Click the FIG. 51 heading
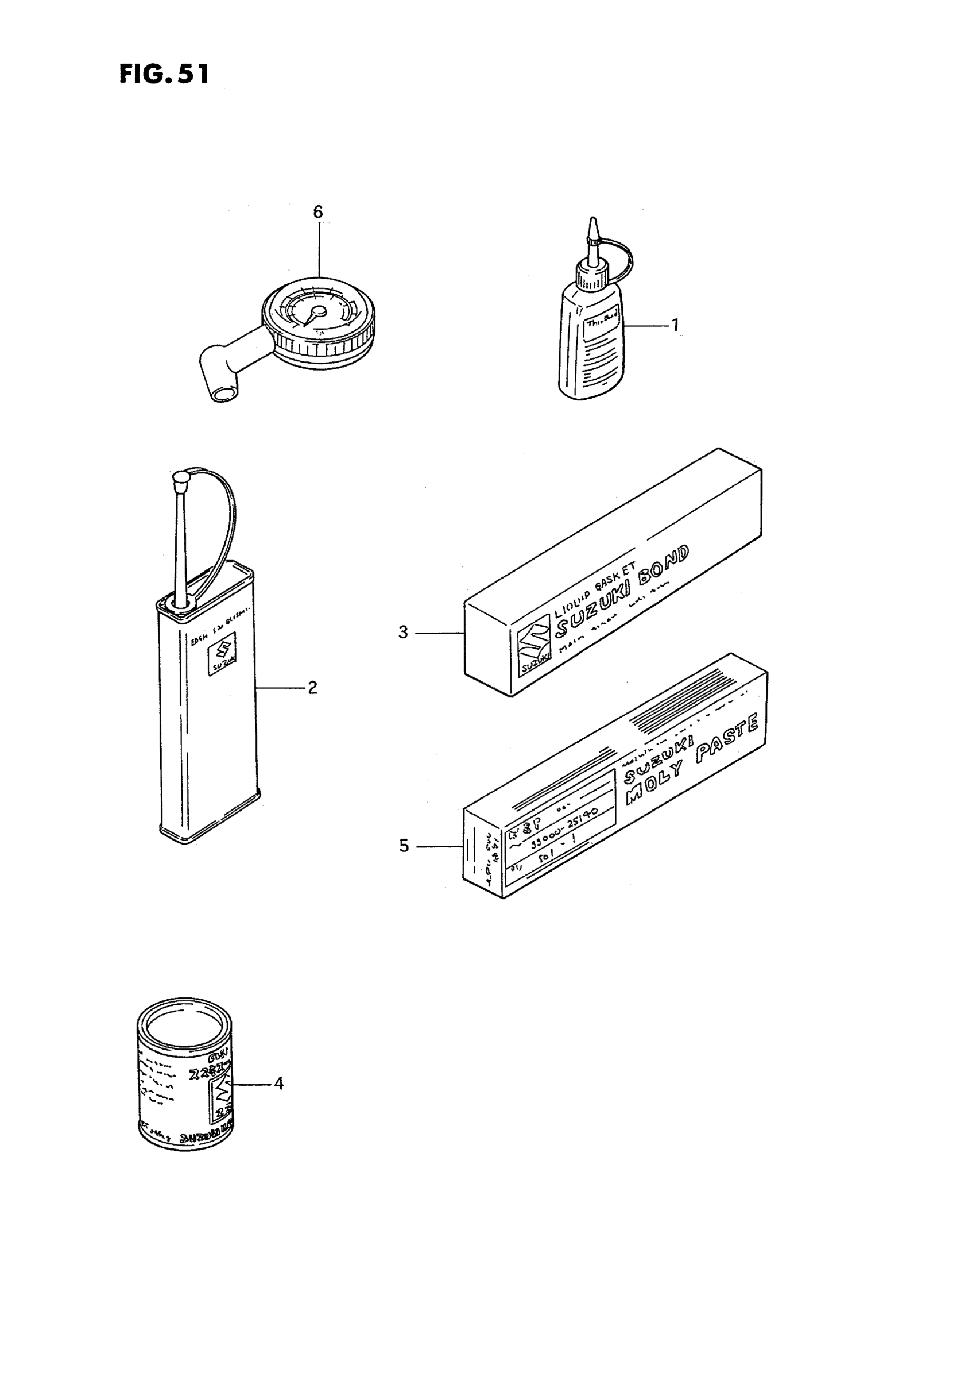click(164, 74)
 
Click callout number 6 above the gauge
click(318, 212)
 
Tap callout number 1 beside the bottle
click(675, 326)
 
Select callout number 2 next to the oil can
click(312, 688)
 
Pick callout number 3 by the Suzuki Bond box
click(403, 633)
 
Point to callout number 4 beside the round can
click(278, 1083)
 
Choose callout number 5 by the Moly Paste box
click(404, 846)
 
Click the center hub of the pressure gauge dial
click(319, 310)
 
